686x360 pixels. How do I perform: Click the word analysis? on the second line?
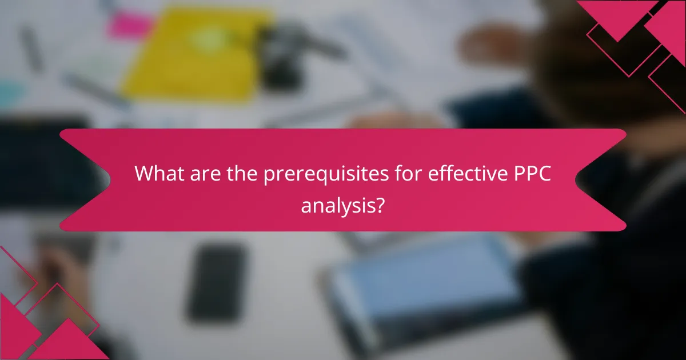(342, 205)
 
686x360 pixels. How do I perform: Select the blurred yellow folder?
(189, 57)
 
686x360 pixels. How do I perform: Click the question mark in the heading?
(378, 205)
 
